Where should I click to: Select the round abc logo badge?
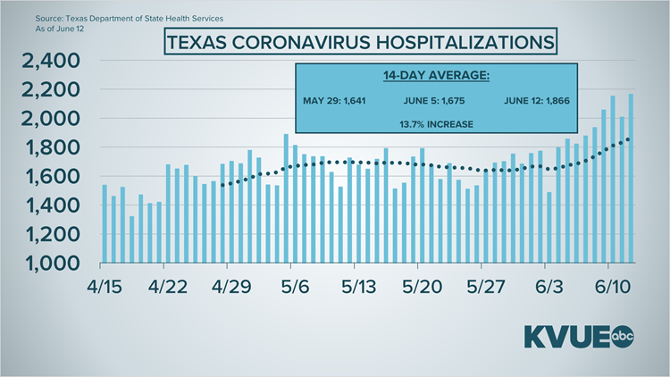click(622, 338)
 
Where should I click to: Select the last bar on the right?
click(631, 179)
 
